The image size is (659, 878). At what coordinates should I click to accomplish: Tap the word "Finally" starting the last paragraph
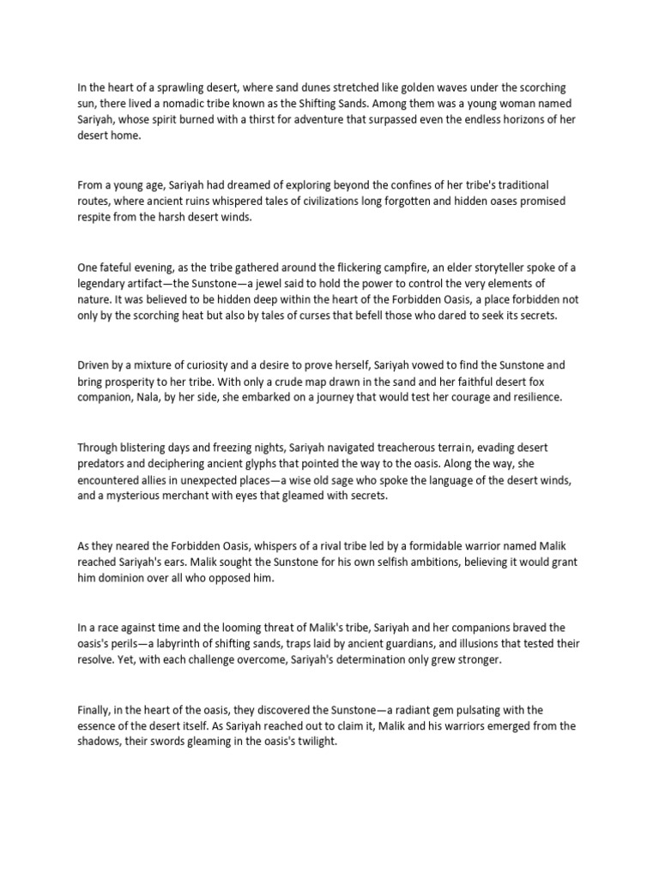[95, 710]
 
